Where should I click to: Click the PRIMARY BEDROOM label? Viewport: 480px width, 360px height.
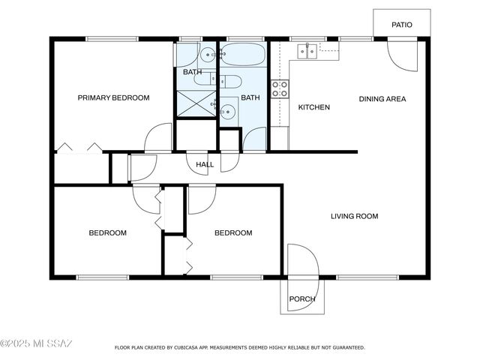114,97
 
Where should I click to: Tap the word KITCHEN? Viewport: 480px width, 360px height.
313,107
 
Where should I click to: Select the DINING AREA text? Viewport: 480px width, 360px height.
382,98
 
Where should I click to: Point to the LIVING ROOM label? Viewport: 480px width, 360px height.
355,217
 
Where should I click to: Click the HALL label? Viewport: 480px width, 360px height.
205,164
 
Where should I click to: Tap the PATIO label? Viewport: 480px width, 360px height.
402,25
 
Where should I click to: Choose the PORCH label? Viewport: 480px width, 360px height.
302,299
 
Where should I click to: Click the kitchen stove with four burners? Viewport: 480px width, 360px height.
280,89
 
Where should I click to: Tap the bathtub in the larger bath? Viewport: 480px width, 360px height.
242,55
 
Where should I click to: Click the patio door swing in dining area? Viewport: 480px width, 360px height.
403,55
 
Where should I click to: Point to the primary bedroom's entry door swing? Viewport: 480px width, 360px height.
159,138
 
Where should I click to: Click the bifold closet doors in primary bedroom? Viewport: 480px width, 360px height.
78,148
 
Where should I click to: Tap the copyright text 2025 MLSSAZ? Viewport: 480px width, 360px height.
36,344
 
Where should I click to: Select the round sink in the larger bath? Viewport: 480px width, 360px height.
229,112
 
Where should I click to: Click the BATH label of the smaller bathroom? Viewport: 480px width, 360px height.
192,72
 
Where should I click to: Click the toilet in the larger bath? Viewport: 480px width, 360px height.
231,82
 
